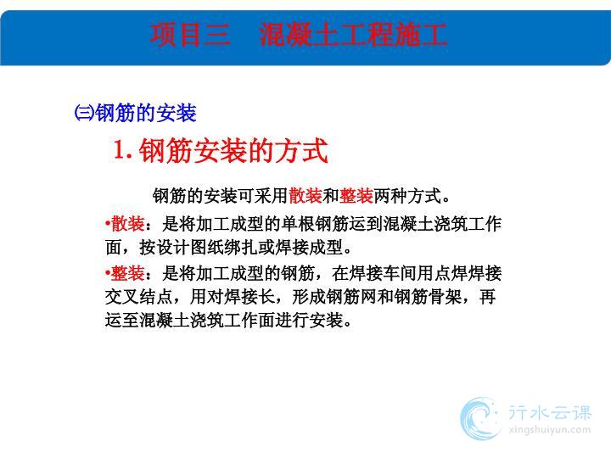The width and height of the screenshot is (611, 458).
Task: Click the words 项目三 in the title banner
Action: (190, 34)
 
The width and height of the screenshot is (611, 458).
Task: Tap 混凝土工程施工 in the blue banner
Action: (353, 34)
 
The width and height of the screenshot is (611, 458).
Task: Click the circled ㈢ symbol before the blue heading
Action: (84, 113)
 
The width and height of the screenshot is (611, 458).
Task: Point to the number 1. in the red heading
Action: (123, 149)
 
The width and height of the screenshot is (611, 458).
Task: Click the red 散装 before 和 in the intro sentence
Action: (305, 196)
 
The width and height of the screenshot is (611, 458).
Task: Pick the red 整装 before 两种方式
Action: (356, 196)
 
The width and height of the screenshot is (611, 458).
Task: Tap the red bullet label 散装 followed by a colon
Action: (128, 224)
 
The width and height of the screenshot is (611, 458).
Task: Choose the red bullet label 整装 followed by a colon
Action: (128, 273)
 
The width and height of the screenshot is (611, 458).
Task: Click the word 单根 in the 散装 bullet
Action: (298, 224)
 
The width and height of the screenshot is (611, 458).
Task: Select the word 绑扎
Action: (240, 248)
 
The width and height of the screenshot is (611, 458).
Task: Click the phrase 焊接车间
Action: (383, 273)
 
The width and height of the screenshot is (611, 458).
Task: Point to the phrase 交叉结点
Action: (138, 297)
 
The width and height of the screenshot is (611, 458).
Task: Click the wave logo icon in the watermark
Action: (480, 419)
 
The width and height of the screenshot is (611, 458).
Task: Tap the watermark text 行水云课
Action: (549, 413)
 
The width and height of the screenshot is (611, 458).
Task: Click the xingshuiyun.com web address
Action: (549, 430)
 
